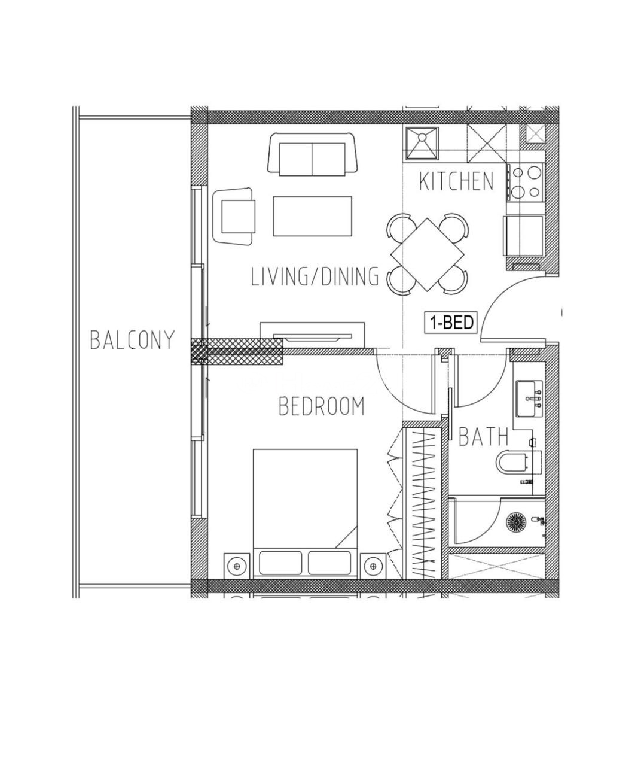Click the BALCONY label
pyautogui.click(x=132, y=340)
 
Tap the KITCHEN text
pyautogui.click(x=456, y=181)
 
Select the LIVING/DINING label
pyautogui.click(x=315, y=277)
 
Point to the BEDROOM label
pyautogui.click(x=322, y=406)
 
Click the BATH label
pyautogui.click(x=483, y=437)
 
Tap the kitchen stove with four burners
pyautogui.click(x=525, y=183)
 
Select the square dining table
pyautogui.click(x=428, y=255)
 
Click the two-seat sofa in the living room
pyautogui.click(x=313, y=155)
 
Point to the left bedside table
pyautogui.click(x=237, y=566)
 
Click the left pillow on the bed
pyautogui.click(x=280, y=563)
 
